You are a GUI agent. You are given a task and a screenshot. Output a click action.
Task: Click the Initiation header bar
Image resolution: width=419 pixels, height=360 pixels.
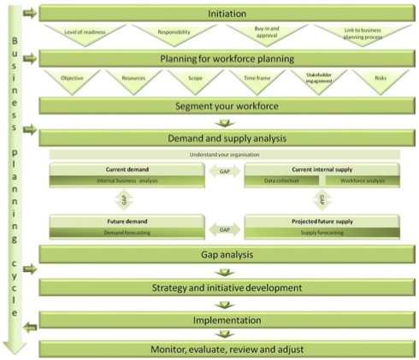226,15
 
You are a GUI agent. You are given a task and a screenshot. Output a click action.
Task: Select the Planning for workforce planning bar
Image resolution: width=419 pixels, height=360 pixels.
226,59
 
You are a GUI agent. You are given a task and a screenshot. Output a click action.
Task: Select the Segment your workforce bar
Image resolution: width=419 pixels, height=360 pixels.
226,106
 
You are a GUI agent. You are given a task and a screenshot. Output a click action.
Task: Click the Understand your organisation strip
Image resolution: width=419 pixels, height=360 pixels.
226,154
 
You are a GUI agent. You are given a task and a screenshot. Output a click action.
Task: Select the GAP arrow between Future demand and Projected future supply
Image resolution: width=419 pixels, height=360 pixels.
224,229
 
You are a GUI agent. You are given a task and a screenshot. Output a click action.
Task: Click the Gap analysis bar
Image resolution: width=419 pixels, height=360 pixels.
226,255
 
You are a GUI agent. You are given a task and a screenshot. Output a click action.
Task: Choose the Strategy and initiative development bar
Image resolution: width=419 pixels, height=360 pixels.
226,287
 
